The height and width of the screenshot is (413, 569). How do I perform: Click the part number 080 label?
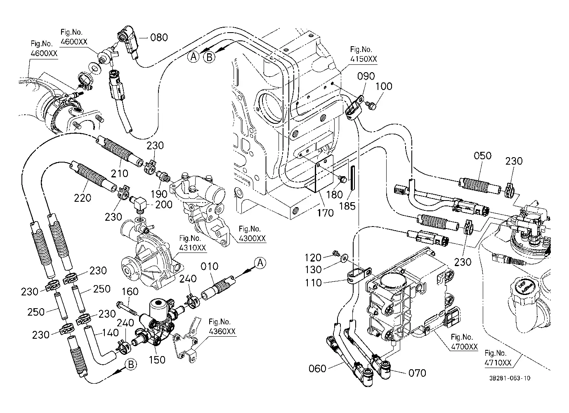159,37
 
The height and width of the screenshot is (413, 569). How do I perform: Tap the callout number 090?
366,76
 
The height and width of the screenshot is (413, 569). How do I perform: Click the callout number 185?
347,206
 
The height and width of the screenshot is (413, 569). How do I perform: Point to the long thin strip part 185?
353,178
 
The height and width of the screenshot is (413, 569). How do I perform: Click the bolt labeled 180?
342,179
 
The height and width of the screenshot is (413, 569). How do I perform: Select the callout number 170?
326,213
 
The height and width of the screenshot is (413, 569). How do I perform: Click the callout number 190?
159,194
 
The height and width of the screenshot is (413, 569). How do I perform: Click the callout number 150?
157,360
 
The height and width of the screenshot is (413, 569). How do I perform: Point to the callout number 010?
209,266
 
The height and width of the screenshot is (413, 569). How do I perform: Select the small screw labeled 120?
336,253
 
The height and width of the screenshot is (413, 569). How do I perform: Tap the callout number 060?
317,368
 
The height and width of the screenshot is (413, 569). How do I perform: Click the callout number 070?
417,373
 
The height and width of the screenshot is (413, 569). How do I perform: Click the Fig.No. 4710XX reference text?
498,358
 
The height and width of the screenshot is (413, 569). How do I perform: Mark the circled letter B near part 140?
131,364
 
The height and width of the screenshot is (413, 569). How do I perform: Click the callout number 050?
482,156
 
